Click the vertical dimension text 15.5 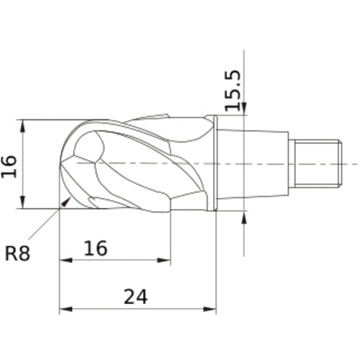[231, 90]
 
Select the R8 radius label [18, 253]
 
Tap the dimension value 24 [136, 296]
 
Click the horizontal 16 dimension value [96, 248]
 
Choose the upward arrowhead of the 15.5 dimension [244, 218]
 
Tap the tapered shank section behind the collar [252, 163]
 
